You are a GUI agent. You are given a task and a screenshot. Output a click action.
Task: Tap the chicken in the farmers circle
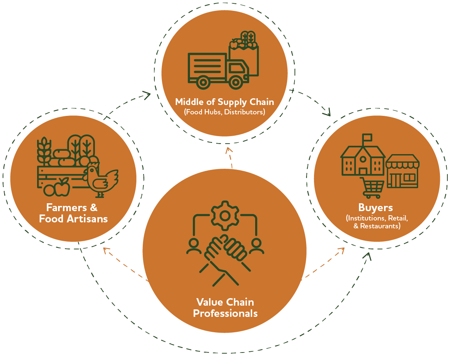[100, 178]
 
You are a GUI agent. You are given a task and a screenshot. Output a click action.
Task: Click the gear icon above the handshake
[224, 215]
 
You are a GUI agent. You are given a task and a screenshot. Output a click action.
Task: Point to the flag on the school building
[367, 138]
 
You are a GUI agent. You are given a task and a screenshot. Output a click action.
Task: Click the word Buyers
[375, 208]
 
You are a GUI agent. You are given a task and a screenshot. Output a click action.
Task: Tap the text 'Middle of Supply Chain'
[224, 102]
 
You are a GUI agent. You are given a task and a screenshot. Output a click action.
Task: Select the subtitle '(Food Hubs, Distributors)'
[224, 112]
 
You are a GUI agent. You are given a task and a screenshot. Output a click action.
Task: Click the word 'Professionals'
[225, 313]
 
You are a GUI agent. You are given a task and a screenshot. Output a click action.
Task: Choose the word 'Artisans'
[89, 219]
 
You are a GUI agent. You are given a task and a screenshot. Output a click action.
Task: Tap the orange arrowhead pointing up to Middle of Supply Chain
[229, 151]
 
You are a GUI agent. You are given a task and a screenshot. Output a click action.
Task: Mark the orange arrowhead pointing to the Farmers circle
[106, 250]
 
